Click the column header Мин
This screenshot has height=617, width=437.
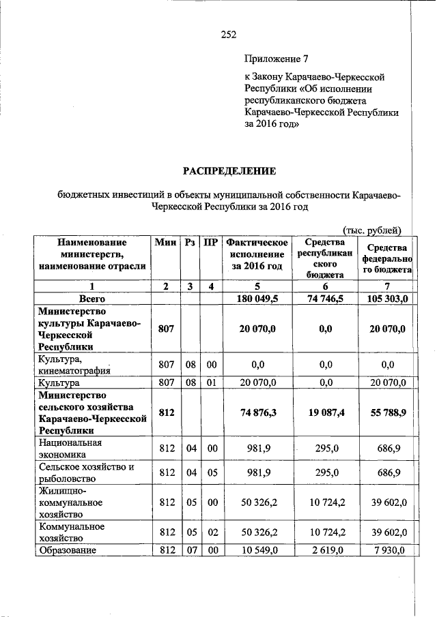coord(166,243)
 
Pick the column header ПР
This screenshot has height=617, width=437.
coord(212,243)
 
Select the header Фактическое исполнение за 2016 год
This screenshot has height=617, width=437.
coord(257,254)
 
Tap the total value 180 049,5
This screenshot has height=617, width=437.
coord(257,299)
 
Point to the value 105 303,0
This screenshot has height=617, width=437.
coord(387,299)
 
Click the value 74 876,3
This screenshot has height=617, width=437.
coord(257,412)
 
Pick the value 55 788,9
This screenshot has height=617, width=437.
coord(387,412)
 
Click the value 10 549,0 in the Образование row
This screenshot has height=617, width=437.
coord(257,550)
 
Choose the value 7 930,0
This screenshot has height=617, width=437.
coord(387,550)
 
